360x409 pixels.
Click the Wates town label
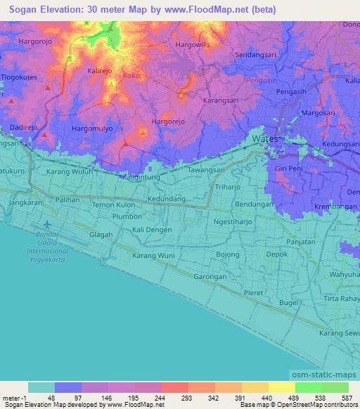265,139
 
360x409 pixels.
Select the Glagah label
101,235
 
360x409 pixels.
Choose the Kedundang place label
167,199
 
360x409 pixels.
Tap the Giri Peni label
288,169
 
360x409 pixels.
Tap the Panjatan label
300,242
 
